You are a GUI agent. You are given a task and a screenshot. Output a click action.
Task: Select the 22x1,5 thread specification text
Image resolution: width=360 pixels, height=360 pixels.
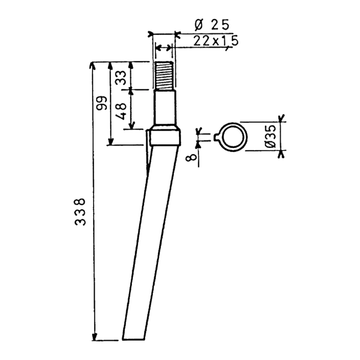coord(216,41)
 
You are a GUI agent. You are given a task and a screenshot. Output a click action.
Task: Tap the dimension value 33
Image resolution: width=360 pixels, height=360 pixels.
coord(121,78)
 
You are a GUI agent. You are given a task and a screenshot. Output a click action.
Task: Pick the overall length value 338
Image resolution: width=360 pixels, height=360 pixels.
coord(80,212)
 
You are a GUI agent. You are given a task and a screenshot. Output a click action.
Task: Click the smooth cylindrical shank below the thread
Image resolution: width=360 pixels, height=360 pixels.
coord(165,107)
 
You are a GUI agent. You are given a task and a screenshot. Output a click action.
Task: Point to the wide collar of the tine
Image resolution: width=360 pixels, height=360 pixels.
coord(165,137)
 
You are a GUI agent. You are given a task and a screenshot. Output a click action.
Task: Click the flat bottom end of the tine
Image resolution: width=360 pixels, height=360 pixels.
coord(134,339)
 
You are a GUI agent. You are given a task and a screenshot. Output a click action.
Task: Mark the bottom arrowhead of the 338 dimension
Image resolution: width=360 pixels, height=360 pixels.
coord(94,337)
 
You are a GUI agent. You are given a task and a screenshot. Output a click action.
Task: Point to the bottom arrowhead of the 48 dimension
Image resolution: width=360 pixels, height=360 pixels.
coord(131,126)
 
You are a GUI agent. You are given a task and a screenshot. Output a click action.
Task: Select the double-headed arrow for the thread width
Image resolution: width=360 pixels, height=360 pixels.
coord(163,48)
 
